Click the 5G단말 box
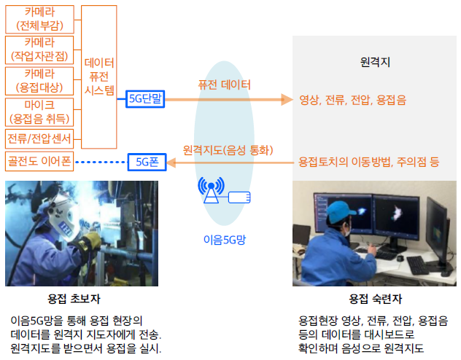pyautogui.click(x=145, y=99)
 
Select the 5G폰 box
pyautogui.click(x=147, y=162)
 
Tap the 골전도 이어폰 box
pyautogui.click(x=39, y=161)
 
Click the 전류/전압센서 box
pyautogui.click(x=39, y=138)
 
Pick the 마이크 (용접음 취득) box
pyautogui.click(x=39, y=112)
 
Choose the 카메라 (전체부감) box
pyautogui.click(x=39, y=19)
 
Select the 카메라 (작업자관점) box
pyautogui.click(x=39, y=50)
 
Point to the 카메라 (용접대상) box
pyautogui.click(x=39, y=81)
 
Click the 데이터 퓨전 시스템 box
pyautogui.click(x=99, y=77)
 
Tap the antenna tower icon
pyautogui.click(x=211, y=190)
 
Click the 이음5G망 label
pyautogui.click(x=225, y=240)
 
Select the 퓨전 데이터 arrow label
pyautogui.click(x=224, y=85)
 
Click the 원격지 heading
pyautogui.click(x=375, y=62)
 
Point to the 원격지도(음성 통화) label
pyautogui.click(x=228, y=150)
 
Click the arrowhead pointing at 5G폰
pyautogui.click(x=171, y=163)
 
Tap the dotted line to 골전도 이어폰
pyautogui.click(x=101, y=162)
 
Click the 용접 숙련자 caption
pyautogui.click(x=375, y=299)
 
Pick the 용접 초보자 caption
pyautogui.click(x=74, y=299)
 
